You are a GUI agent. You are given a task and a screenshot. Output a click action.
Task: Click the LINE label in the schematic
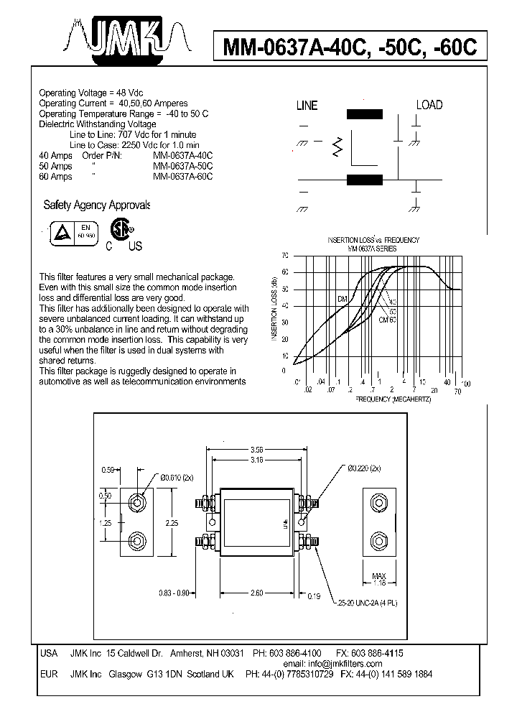307,106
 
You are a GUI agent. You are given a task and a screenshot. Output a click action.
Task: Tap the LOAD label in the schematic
429,105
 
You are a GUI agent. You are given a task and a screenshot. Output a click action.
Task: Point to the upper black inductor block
365,114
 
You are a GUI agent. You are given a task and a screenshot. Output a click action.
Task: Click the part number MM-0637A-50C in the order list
183,166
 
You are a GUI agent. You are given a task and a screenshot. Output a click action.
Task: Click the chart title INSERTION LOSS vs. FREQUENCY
373,240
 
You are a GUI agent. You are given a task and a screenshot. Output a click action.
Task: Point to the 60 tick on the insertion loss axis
285,272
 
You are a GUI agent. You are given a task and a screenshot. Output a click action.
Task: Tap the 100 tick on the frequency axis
466,384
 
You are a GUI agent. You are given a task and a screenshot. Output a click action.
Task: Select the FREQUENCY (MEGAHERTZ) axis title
393,399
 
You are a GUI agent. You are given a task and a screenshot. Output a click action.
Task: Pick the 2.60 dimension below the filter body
257,593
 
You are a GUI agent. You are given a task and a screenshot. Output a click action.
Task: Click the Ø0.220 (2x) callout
365,469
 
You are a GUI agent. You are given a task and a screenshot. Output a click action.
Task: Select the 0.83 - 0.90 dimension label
173,593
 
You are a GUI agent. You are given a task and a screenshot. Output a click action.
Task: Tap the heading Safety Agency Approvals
96,205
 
